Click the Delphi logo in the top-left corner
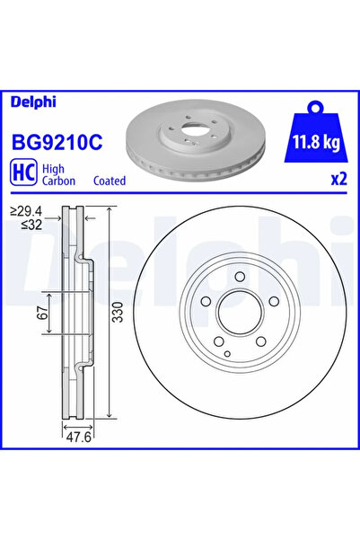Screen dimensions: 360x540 [33, 102]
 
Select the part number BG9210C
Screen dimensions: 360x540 [57, 142]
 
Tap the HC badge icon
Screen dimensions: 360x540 [23, 173]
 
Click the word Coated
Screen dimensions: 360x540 [110, 181]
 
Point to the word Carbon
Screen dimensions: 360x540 [58, 181]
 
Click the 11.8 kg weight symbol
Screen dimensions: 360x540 [316, 133]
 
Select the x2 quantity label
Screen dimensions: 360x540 [338, 180]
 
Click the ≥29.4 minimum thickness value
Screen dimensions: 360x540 [26, 211]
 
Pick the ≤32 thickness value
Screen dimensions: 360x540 [31, 225]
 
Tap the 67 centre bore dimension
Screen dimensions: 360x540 [43, 313]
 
